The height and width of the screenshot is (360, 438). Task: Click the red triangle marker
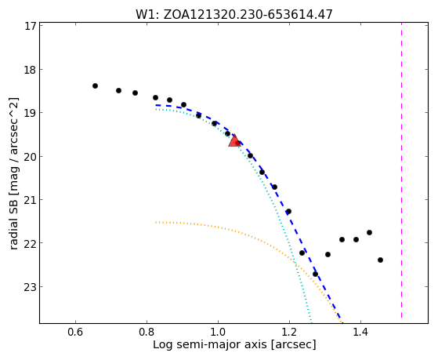click(x=234, y=140)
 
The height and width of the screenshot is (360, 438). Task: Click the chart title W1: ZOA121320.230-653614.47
click(x=234, y=14)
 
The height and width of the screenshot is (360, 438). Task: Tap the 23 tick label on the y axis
click(x=31, y=287)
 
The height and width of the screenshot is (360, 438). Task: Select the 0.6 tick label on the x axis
click(x=75, y=333)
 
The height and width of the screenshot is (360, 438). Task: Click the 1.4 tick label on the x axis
click(x=361, y=333)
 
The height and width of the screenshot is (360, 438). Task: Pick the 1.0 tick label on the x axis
click(x=218, y=333)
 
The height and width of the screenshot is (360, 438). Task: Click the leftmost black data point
click(x=96, y=85)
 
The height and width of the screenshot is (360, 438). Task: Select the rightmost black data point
click(x=380, y=260)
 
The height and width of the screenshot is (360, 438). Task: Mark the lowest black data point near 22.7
click(x=315, y=274)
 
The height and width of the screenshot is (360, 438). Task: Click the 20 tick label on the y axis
click(x=31, y=156)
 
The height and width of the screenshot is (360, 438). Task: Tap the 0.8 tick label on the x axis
click(x=147, y=333)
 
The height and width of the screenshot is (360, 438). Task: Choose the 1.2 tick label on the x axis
click(x=289, y=333)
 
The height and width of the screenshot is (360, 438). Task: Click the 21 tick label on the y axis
click(x=31, y=200)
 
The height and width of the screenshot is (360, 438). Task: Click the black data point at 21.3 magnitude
click(x=289, y=211)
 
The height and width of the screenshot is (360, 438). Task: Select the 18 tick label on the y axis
click(x=31, y=70)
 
